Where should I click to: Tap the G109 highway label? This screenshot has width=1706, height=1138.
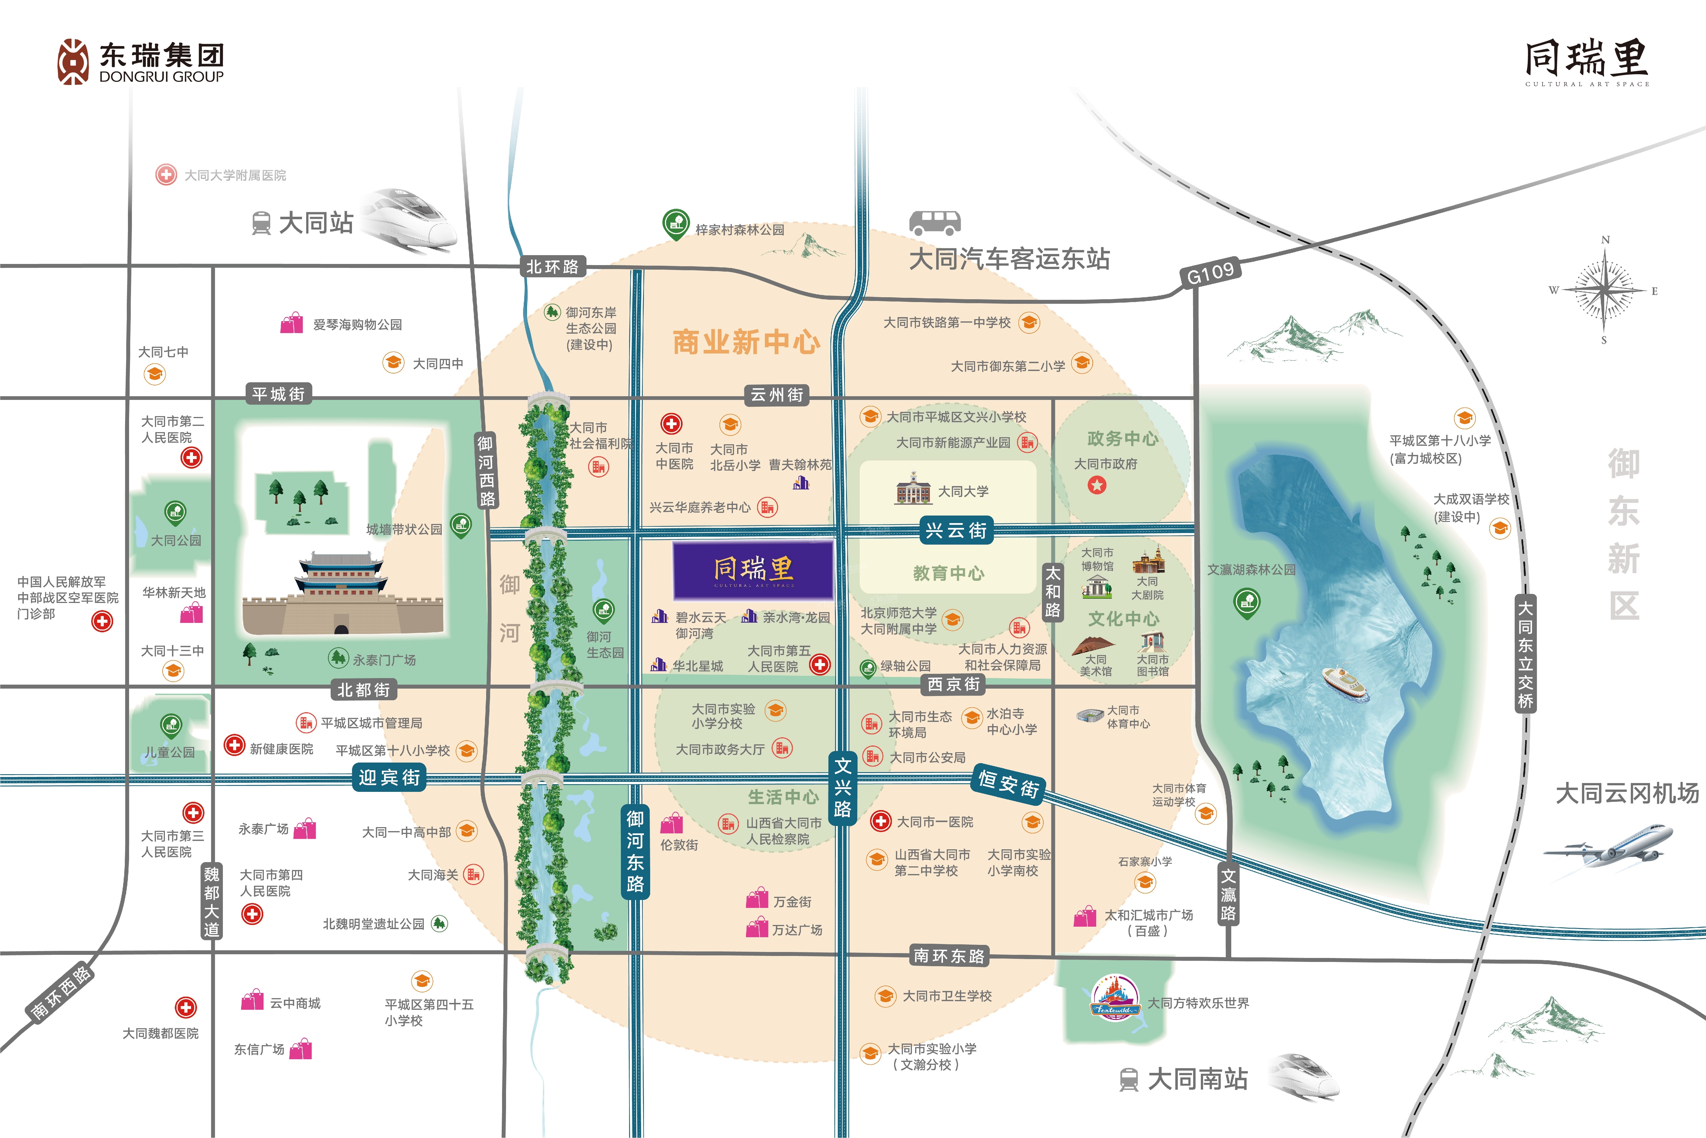(1210, 274)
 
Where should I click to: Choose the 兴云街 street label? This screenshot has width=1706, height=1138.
(956, 530)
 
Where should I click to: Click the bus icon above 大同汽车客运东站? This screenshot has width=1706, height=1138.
(935, 222)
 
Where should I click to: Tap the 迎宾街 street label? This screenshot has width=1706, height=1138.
(389, 777)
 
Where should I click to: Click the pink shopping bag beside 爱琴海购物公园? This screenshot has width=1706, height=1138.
(292, 323)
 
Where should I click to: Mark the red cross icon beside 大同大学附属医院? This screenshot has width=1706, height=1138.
(166, 175)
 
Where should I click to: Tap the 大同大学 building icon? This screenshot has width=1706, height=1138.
(913, 488)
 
